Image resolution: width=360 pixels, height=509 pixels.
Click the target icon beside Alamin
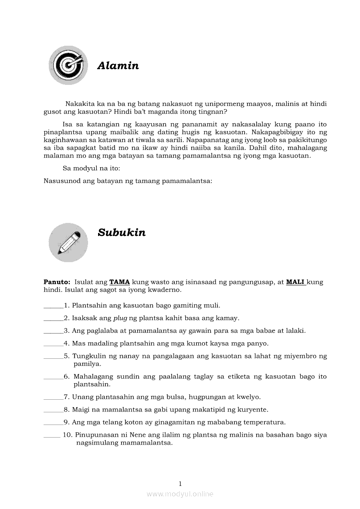click(x=68, y=65)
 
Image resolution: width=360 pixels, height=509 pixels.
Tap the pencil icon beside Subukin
click(x=68, y=242)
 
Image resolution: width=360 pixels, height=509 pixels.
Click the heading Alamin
click(x=118, y=66)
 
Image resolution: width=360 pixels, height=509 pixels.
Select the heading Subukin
click(x=122, y=233)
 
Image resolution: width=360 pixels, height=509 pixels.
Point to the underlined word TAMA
click(x=119, y=282)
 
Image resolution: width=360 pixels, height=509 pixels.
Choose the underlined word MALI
click(x=295, y=282)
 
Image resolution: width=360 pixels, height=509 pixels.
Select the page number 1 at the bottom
click(x=180, y=483)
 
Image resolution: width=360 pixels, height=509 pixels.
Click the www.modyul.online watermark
click(x=180, y=494)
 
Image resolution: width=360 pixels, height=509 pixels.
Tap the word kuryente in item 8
click(x=253, y=410)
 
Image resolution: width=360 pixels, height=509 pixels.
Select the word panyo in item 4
click(x=258, y=343)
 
